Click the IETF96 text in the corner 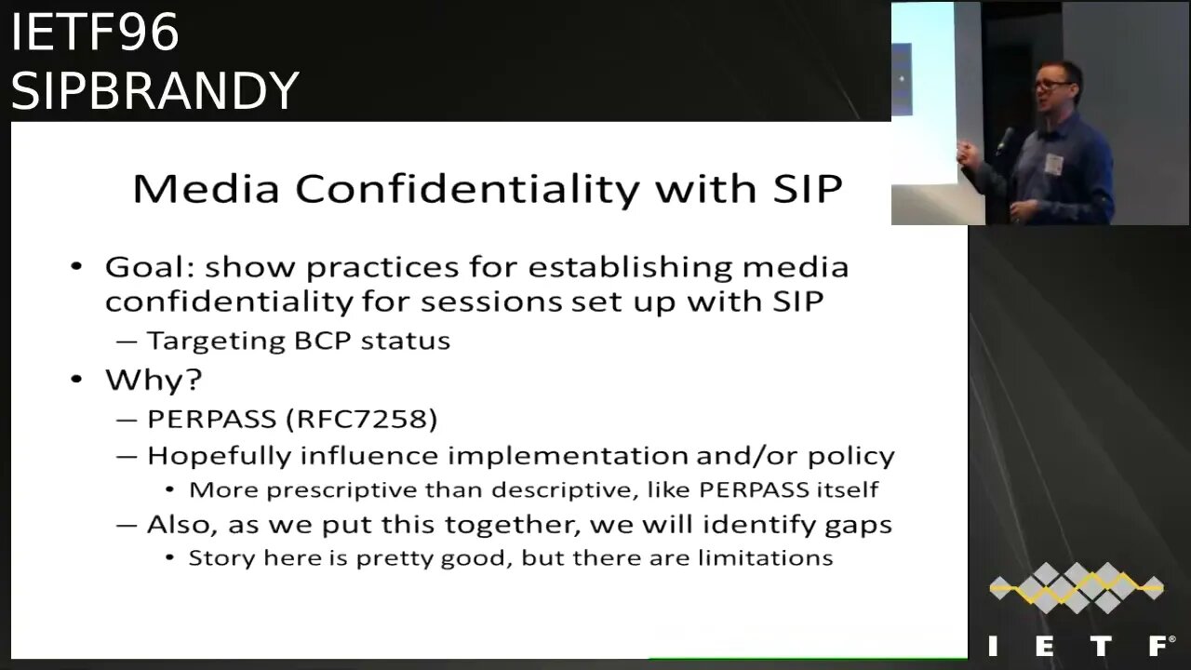point(94,33)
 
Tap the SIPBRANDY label point(154,91)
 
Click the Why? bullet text point(154,380)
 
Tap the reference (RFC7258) point(362,419)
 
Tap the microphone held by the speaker point(1006,141)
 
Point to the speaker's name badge point(1053,164)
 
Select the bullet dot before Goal point(77,268)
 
